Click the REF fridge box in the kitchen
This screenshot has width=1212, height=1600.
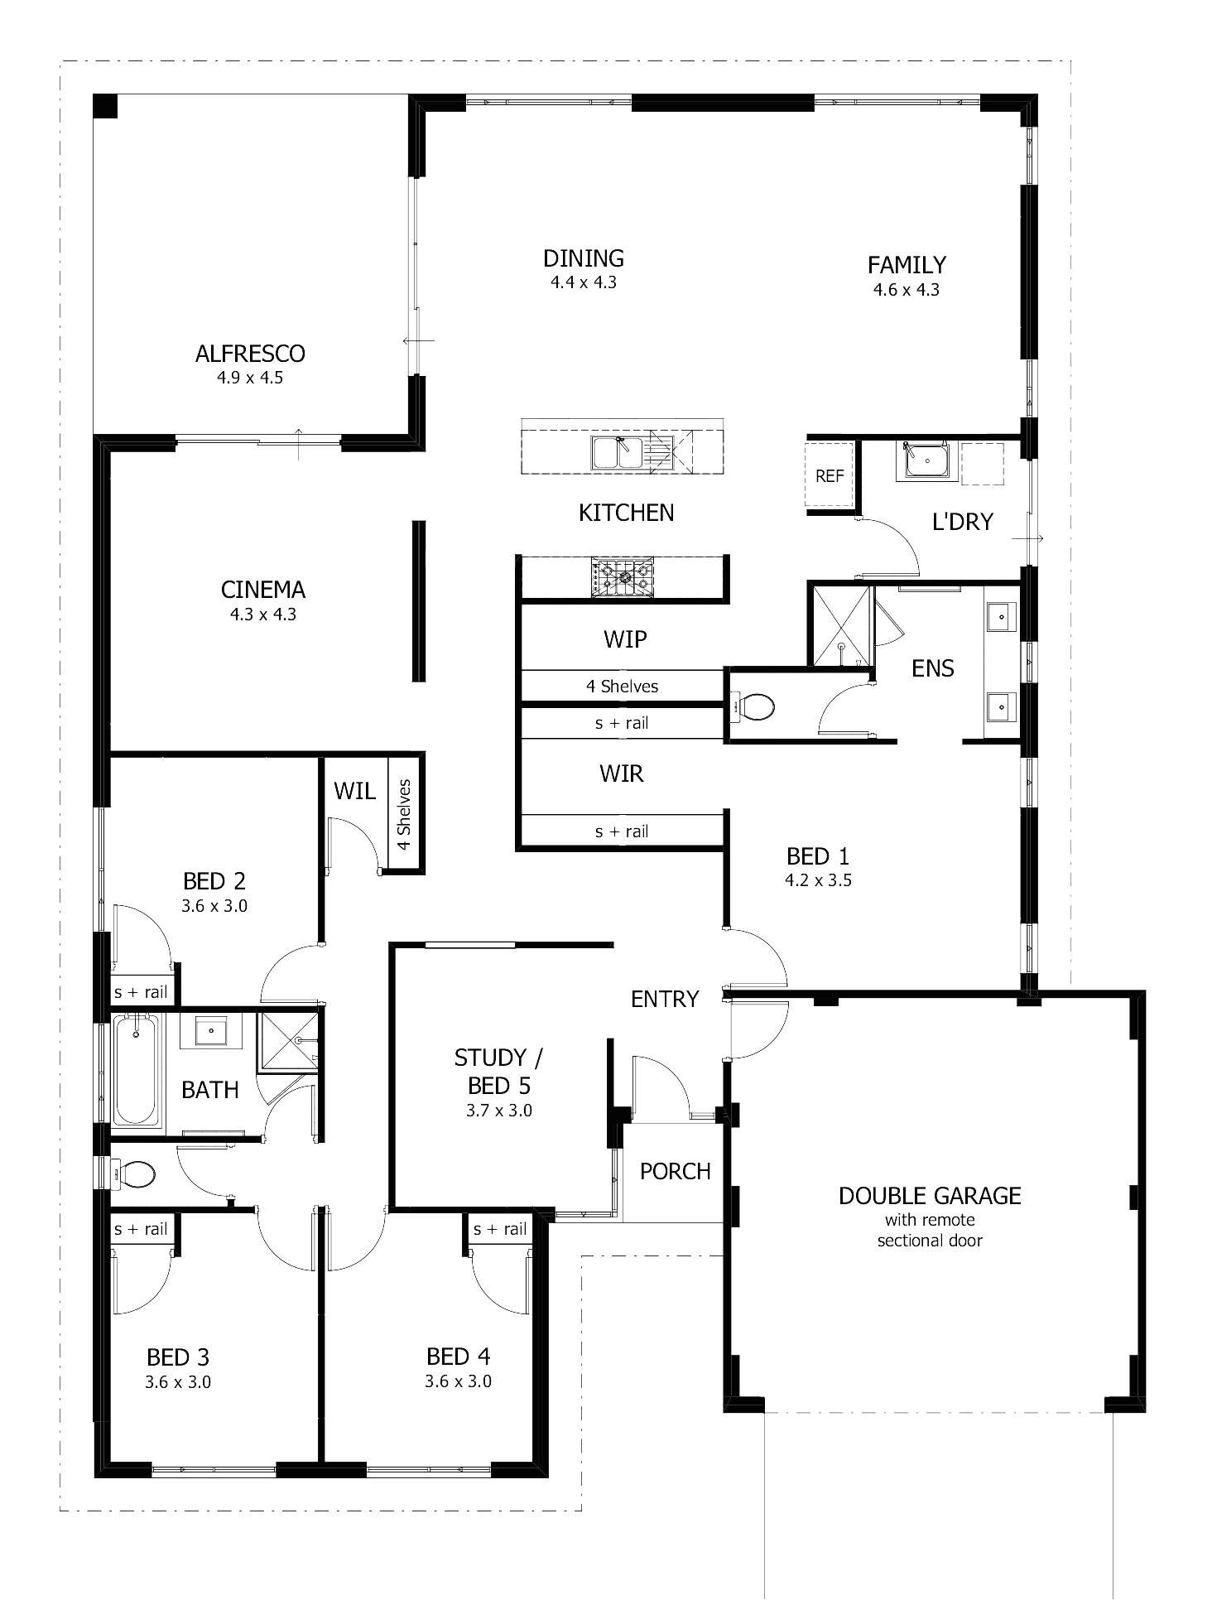pyautogui.click(x=830, y=476)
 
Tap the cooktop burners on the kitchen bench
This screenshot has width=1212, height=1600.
pyautogui.click(x=622, y=576)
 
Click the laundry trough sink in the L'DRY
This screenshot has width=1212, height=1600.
pyautogui.click(x=926, y=460)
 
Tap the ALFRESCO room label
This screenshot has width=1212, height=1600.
pyautogui.click(x=250, y=354)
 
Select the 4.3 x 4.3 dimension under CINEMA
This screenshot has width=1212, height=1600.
pyautogui.click(x=263, y=614)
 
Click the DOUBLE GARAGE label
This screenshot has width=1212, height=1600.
pyautogui.click(x=930, y=1196)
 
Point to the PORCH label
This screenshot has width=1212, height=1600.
pyautogui.click(x=675, y=1171)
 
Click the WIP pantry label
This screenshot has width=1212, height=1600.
pyautogui.click(x=625, y=639)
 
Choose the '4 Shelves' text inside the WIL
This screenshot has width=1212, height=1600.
pyautogui.click(x=404, y=814)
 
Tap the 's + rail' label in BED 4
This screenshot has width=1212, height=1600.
pyautogui.click(x=500, y=1229)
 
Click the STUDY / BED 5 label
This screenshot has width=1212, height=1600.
pyautogui.click(x=498, y=1071)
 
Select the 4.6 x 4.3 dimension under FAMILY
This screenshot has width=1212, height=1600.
pyautogui.click(x=906, y=290)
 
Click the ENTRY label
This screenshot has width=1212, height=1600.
pyautogui.click(x=665, y=999)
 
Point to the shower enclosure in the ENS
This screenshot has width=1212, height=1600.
pyautogui.click(x=840, y=626)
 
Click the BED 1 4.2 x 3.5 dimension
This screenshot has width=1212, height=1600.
pyautogui.click(x=818, y=880)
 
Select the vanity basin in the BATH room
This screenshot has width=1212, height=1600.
pyautogui.click(x=212, y=1032)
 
